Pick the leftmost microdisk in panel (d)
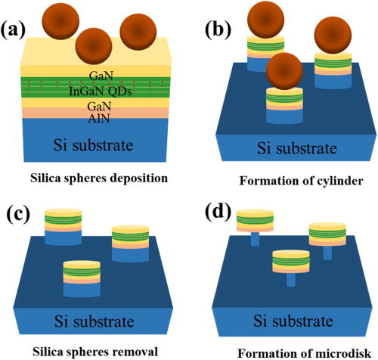point(253,222)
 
